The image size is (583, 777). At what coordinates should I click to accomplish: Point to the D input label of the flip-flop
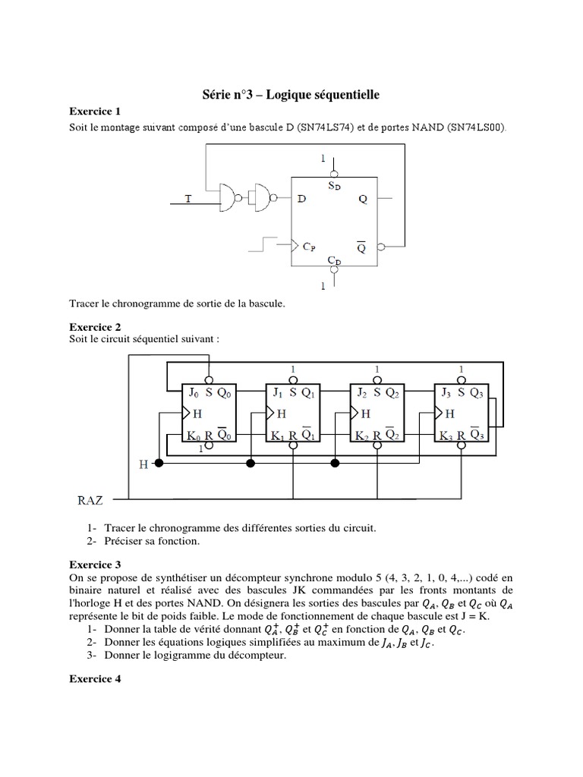tap(302, 199)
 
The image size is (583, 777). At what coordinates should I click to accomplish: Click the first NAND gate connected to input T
tap(228, 198)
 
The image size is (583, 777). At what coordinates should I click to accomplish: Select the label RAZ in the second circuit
tap(93, 500)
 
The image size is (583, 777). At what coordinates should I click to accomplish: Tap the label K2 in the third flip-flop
tap(362, 436)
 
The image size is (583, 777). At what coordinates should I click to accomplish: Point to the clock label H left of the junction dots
tap(143, 463)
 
